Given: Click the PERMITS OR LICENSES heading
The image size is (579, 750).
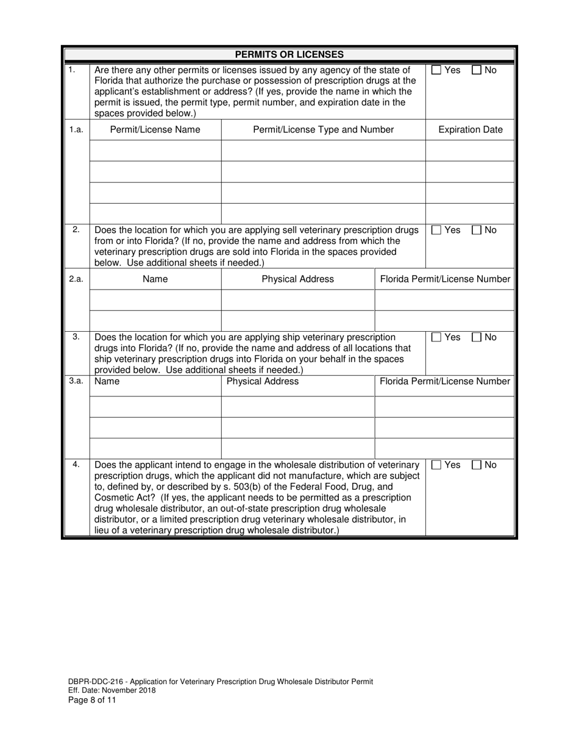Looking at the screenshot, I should click(x=289, y=54).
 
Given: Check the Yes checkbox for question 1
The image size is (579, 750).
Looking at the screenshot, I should click(x=436, y=70).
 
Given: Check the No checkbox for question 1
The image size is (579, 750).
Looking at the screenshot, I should click(x=477, y=70).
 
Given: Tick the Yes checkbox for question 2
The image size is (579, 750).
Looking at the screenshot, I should click(x=436, y=230).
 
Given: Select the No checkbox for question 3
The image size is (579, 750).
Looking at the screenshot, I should click(x=477, y=337).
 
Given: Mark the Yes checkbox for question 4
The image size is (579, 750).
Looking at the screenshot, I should click(x=436, y=465).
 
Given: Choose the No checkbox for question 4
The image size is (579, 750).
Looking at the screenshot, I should click(x=477, y=465).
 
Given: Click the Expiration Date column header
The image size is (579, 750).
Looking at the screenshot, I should click(x=471, y=129).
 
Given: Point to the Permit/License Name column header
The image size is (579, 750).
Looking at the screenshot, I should click(x=155, y=129).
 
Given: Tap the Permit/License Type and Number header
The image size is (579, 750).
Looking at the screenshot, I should click(x=323, y=129).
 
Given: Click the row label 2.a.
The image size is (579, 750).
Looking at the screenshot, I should click(x=76, y=279).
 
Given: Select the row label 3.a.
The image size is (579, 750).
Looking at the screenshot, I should click(x=76, y=381).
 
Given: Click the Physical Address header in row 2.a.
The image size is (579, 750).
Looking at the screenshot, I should click(x=297, y=279).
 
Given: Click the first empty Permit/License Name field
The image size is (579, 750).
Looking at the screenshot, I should click(x=155, y=151).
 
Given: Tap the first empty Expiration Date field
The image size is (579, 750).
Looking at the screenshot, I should click(x=470, y=151).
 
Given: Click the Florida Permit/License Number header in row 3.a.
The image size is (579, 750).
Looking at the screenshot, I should click(x=444, y=381).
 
